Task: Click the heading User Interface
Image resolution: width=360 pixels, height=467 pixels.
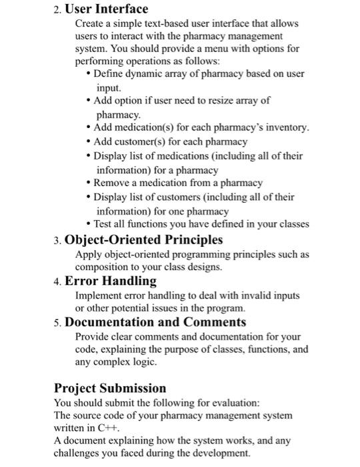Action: pyautogui.click(x=106, y=9)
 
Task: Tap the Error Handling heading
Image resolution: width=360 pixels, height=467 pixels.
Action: pyautogui.click(x=110, y=281)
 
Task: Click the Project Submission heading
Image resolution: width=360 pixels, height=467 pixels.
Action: pyautogui.click(x=110, y=388)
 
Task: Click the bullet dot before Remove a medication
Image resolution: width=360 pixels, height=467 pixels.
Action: pyautogui.click(x=89, y=182)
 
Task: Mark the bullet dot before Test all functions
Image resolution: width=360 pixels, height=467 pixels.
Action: pyautogui.click(x=89, y=224)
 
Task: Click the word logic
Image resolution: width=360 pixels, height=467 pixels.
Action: pyautogui.click(x=142, y=362)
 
